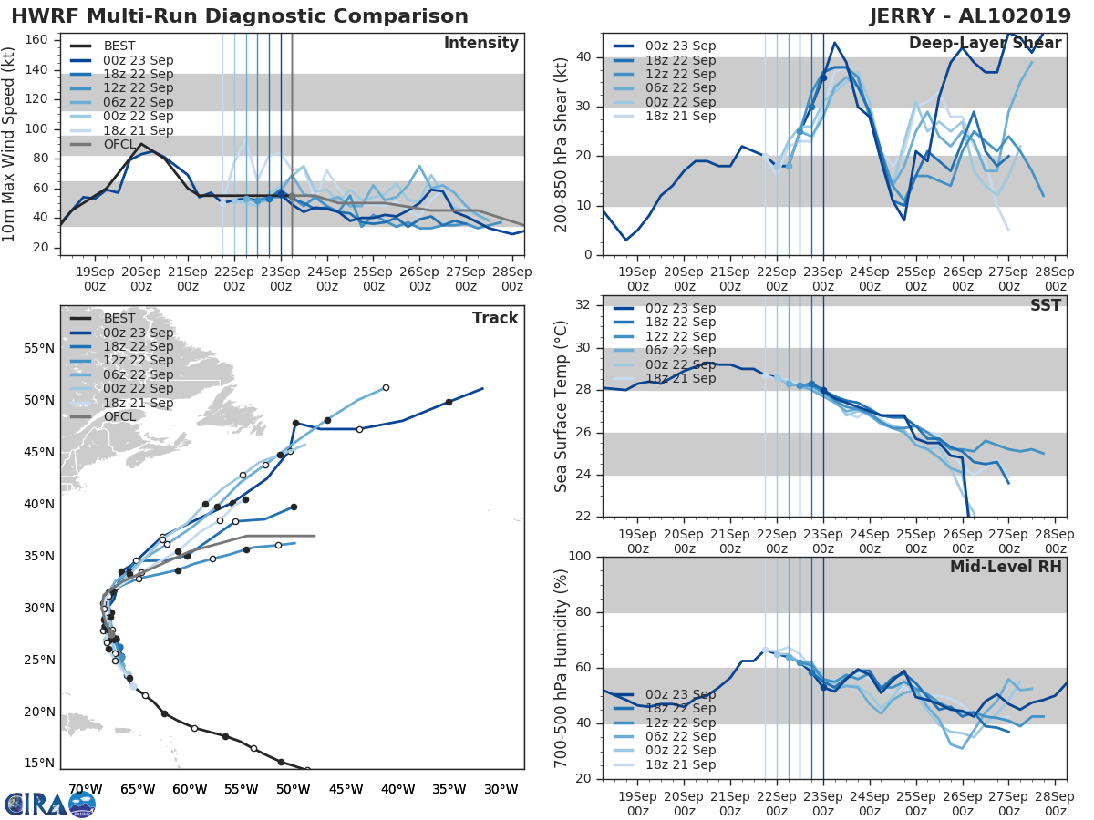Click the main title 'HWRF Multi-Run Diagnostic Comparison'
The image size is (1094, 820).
[x=240, y=16]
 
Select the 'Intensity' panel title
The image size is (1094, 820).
[x=480, y=44]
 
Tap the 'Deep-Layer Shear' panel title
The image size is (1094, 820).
[x=985, y=44]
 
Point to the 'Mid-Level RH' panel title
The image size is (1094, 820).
[x=1006, y=567]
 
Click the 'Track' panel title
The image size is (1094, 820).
[x=495, y=318]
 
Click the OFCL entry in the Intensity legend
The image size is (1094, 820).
[x=118, y=145]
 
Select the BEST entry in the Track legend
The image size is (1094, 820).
[x=119, y=318]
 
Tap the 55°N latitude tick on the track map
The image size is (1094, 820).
[x=36, y=348]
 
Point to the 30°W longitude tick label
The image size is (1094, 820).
[x=501, y=789]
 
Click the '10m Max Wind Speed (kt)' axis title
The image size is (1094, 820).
[x=10, y=146]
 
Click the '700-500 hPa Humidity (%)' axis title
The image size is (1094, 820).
[x=562, y=667]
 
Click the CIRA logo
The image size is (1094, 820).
[x=50, y=804]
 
